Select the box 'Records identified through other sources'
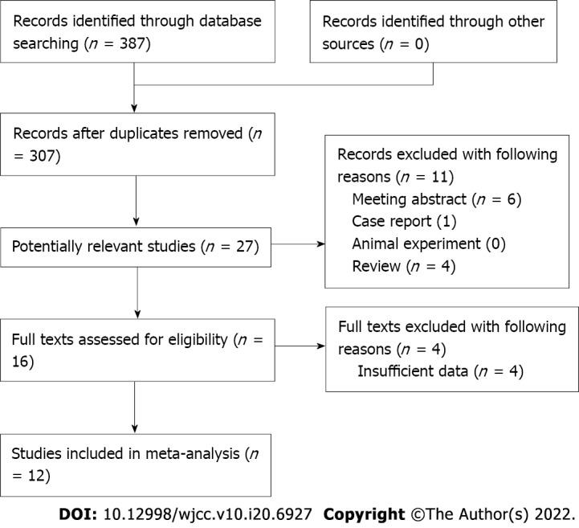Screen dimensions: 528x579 pos(434,32)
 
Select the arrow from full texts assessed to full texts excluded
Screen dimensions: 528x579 pos(296,347)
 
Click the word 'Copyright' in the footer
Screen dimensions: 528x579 pos(365,514)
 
